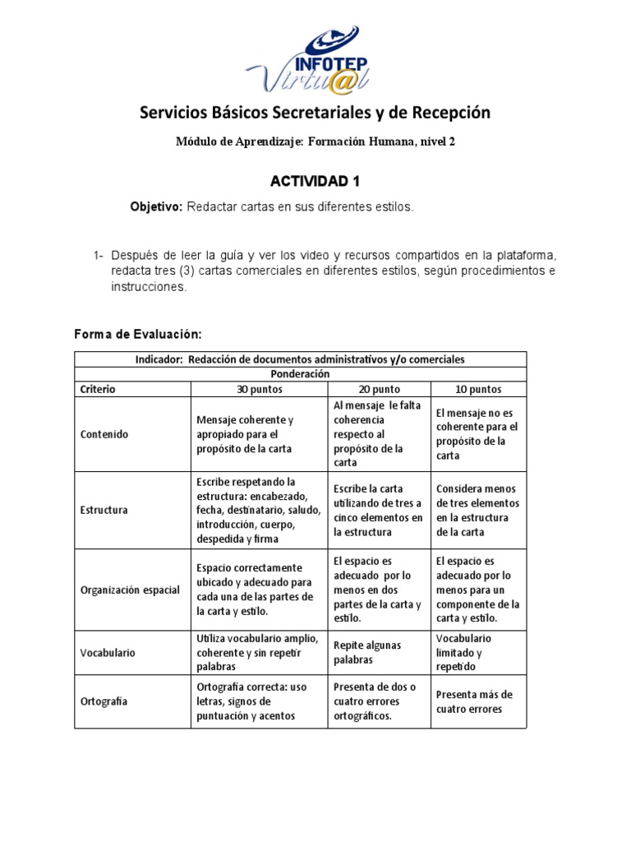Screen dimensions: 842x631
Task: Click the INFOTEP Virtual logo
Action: point(315,58)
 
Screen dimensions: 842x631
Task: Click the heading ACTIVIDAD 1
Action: point(315,181)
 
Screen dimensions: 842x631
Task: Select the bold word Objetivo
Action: point(156,208)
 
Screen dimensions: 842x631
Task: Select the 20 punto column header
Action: point(378,389)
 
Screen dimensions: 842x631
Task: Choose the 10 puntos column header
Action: point(477,389)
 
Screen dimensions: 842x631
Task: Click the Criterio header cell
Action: point(98,389)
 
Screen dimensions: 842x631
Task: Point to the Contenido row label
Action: point(105,434)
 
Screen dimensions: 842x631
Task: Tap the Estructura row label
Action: point(104,510)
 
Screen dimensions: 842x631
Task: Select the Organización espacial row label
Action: point(130,590)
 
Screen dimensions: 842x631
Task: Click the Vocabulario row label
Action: point(108,652)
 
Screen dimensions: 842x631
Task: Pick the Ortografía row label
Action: point(104,701)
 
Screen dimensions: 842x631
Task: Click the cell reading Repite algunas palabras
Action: point(367,652)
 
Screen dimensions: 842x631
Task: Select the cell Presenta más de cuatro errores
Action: point(475,701)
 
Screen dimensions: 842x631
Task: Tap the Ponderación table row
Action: point(300,373)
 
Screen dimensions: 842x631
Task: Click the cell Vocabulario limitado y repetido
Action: point(464,652)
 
